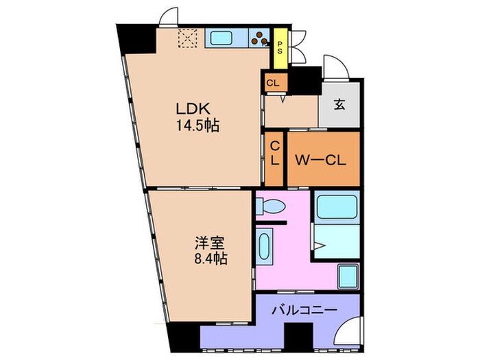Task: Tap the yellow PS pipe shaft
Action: click(x=280, y=48)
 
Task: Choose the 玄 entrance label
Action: click(x=339, y=105)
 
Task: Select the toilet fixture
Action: click(x=272, y=206)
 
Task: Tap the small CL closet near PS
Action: click(x=273, y=84)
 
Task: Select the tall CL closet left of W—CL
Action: click(x=274, y=159)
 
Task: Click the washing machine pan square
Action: click(x=348, y=275)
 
